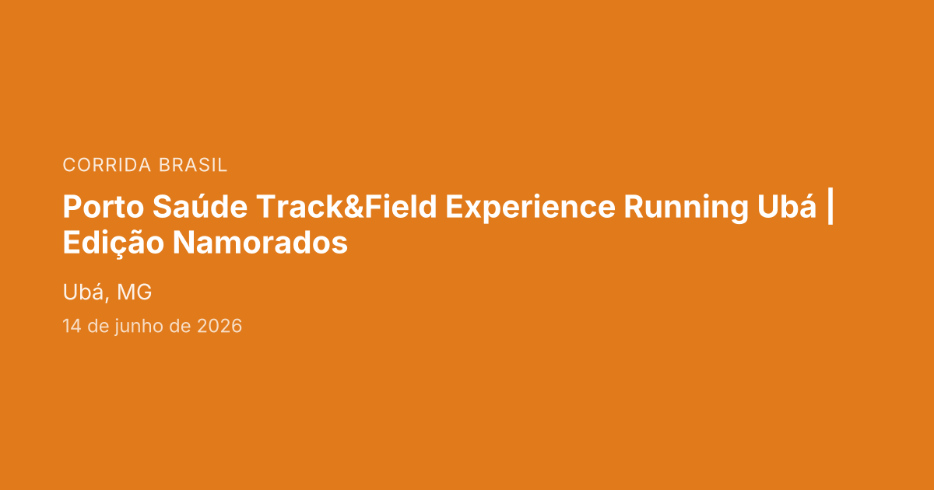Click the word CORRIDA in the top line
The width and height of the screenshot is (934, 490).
(107, 165)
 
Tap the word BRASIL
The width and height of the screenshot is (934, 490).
(193, 165)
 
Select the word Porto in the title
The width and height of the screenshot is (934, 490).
(104, 206)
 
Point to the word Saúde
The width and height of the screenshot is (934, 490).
(200, 206)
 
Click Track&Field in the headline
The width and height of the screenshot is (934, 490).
(346, 206)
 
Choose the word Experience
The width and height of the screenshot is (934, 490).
(530, 207)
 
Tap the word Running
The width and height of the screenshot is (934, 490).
(686, 207)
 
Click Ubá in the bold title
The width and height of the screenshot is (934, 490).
(787, 206)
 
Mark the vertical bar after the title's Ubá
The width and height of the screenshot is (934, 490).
(830, 207)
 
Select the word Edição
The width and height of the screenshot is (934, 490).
(114, 243)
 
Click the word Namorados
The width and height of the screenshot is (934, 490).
(260, 243)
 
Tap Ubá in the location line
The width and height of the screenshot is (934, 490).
(83, 292)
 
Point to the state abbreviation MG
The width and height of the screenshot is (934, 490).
(134, 292)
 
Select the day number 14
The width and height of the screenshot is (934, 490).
(72, 326)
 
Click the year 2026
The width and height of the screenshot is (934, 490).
(219, 326)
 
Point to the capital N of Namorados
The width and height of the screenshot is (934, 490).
(184, 243)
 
